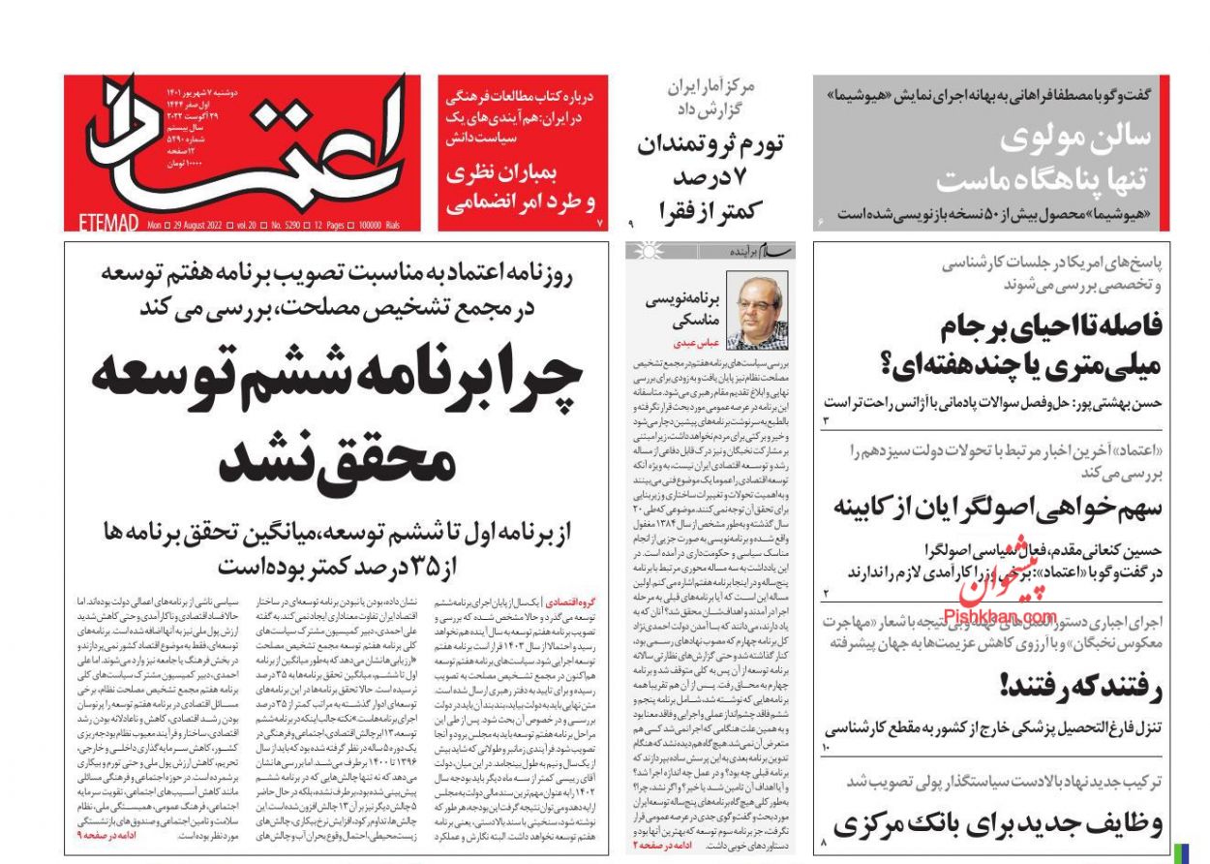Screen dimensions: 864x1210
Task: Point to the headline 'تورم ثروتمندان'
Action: [711, 144]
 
